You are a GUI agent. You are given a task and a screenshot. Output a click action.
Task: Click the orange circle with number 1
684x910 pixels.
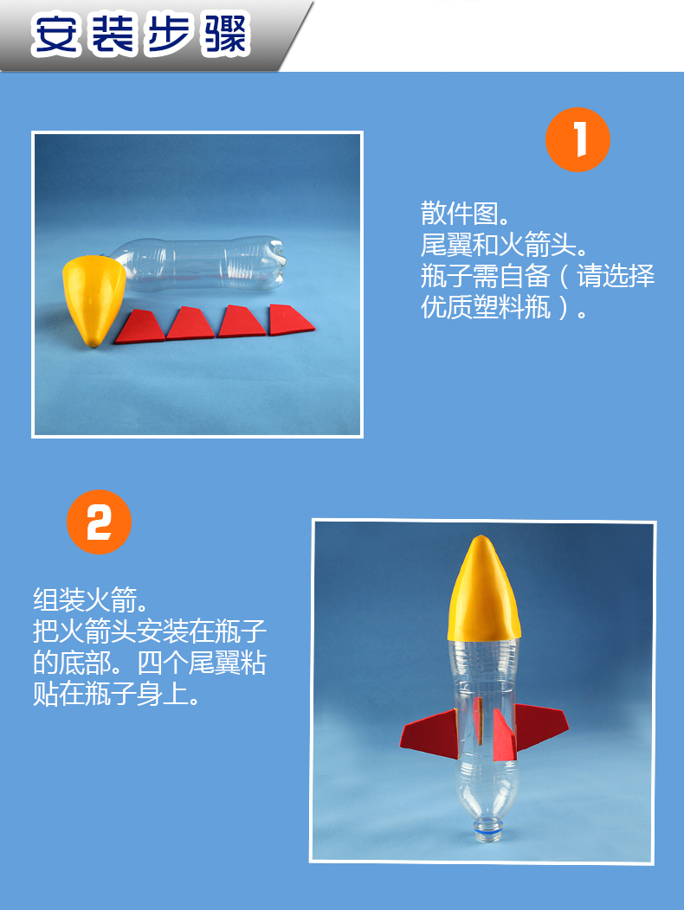(578, 139)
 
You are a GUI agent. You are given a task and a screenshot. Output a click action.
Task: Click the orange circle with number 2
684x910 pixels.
(99, 522)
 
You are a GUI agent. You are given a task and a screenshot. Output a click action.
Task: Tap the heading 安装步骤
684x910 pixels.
(140, 35)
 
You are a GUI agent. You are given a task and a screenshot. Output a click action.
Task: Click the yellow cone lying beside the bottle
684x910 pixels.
(92, 296)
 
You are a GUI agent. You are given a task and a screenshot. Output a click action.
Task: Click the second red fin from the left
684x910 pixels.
(191, 324)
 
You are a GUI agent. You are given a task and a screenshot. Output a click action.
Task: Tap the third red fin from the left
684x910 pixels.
(242, 322)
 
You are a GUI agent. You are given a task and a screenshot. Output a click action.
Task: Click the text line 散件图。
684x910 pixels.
(466, 213)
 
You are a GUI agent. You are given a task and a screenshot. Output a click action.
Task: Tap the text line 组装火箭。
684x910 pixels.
(92, 599)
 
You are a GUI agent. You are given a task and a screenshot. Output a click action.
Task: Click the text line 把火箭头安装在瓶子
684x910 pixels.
(149, 631)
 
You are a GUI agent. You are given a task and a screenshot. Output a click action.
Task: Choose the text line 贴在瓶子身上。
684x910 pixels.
(117, 694)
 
